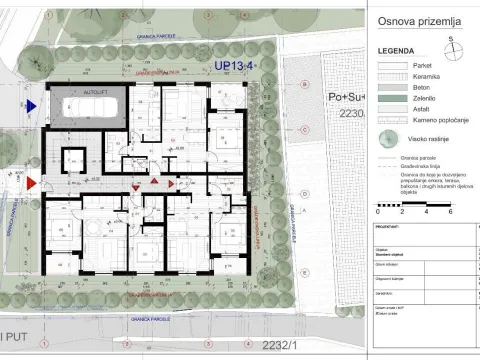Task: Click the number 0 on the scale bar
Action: coord(378,212)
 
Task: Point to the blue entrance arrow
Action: coord(32,104)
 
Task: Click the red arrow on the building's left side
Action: coord(32,181)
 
